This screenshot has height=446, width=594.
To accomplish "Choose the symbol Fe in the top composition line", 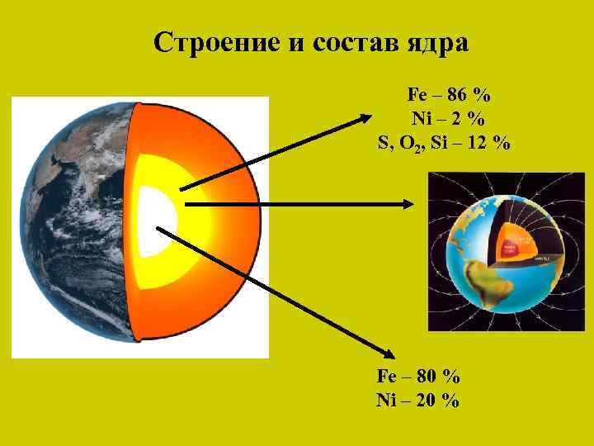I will point(417,94).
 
